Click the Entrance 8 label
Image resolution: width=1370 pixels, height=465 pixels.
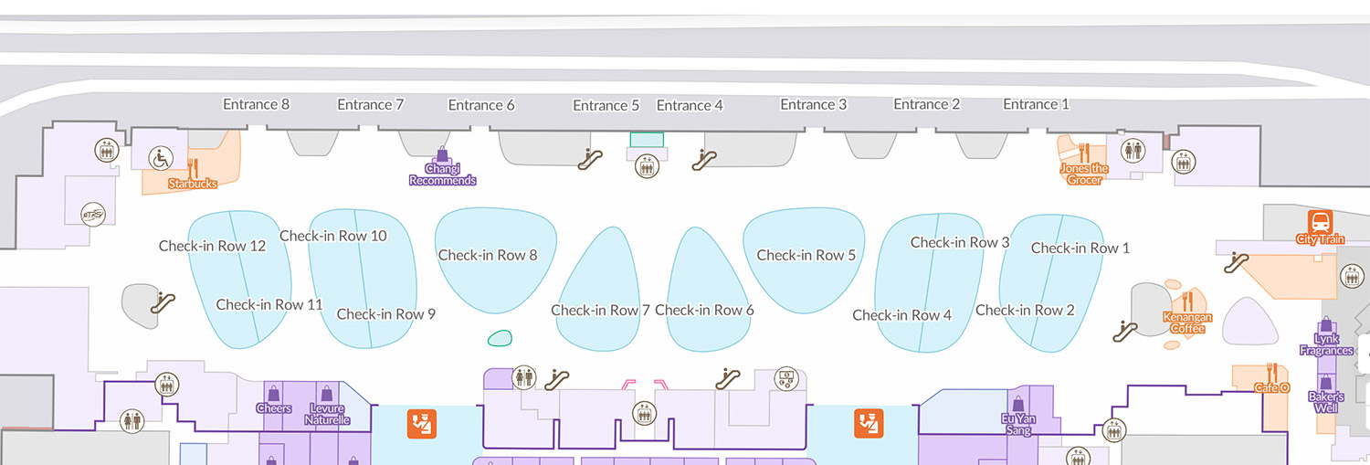[257, 104]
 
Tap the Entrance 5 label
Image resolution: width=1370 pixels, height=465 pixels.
[606, 105]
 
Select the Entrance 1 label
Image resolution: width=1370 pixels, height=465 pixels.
[1036, 104]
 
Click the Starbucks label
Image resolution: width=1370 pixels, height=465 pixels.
[193, 184]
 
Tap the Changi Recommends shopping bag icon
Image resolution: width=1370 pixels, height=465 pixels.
[443, 153]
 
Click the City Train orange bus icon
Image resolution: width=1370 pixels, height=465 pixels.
[1320, 222]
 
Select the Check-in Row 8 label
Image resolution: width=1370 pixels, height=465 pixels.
[488, 255]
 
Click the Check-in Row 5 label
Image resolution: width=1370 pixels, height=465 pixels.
[806, 255]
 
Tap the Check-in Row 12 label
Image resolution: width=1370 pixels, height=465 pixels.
[212, 246]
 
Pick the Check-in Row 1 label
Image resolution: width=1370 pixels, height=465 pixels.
[1080, 248]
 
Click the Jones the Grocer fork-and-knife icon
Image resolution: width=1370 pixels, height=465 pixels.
[1083, 152]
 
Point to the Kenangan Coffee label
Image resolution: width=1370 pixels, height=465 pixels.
[1187, 323]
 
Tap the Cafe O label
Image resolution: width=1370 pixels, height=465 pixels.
[1271, 388]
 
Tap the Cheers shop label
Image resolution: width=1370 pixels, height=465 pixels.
[274, 408]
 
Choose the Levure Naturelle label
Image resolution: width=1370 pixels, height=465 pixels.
[329, 414]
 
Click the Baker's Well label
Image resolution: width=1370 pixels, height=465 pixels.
[1326, 402]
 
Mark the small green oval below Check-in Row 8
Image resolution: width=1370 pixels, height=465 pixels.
[500, 339]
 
